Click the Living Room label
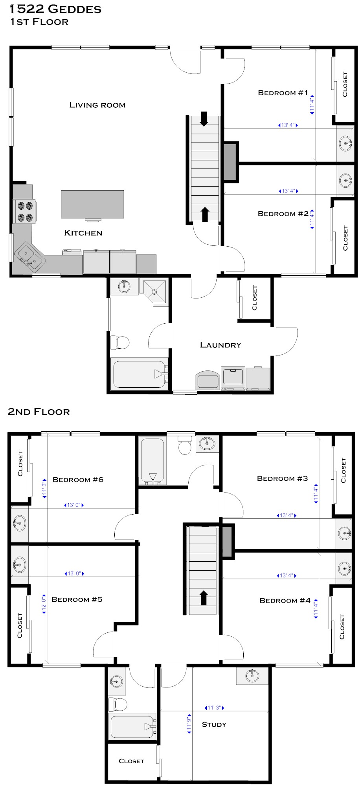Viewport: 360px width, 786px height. (97, 105)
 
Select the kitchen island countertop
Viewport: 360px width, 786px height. (92, 204)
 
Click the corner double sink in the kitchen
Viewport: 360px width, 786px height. (29, 257)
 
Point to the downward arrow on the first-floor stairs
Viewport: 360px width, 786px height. (204, 119)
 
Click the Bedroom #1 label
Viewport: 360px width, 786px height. (283, 93)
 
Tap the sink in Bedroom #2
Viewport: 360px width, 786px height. (346, 180)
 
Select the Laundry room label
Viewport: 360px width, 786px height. (220, 345)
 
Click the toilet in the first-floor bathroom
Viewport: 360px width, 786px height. (120, 343)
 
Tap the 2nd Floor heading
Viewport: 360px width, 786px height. (39, 412)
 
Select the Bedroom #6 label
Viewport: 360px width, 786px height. (78, 480)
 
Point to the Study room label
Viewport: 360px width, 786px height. (214, 724)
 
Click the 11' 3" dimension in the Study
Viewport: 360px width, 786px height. (214, 708)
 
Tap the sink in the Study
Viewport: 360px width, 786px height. (252, 675)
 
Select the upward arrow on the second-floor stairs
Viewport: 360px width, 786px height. (203, 597)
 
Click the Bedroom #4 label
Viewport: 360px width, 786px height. (285, 600)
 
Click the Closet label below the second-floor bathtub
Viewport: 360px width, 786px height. (131, 761)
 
